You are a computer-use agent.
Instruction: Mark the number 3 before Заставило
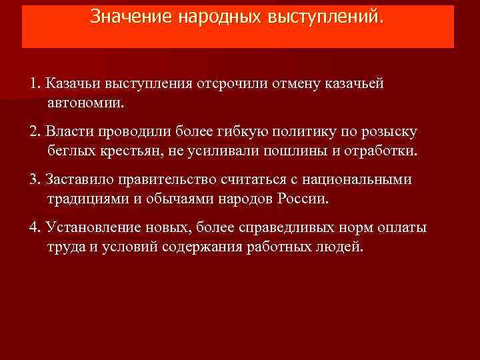pos(33,180)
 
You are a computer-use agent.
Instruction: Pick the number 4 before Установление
pos(33,228)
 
